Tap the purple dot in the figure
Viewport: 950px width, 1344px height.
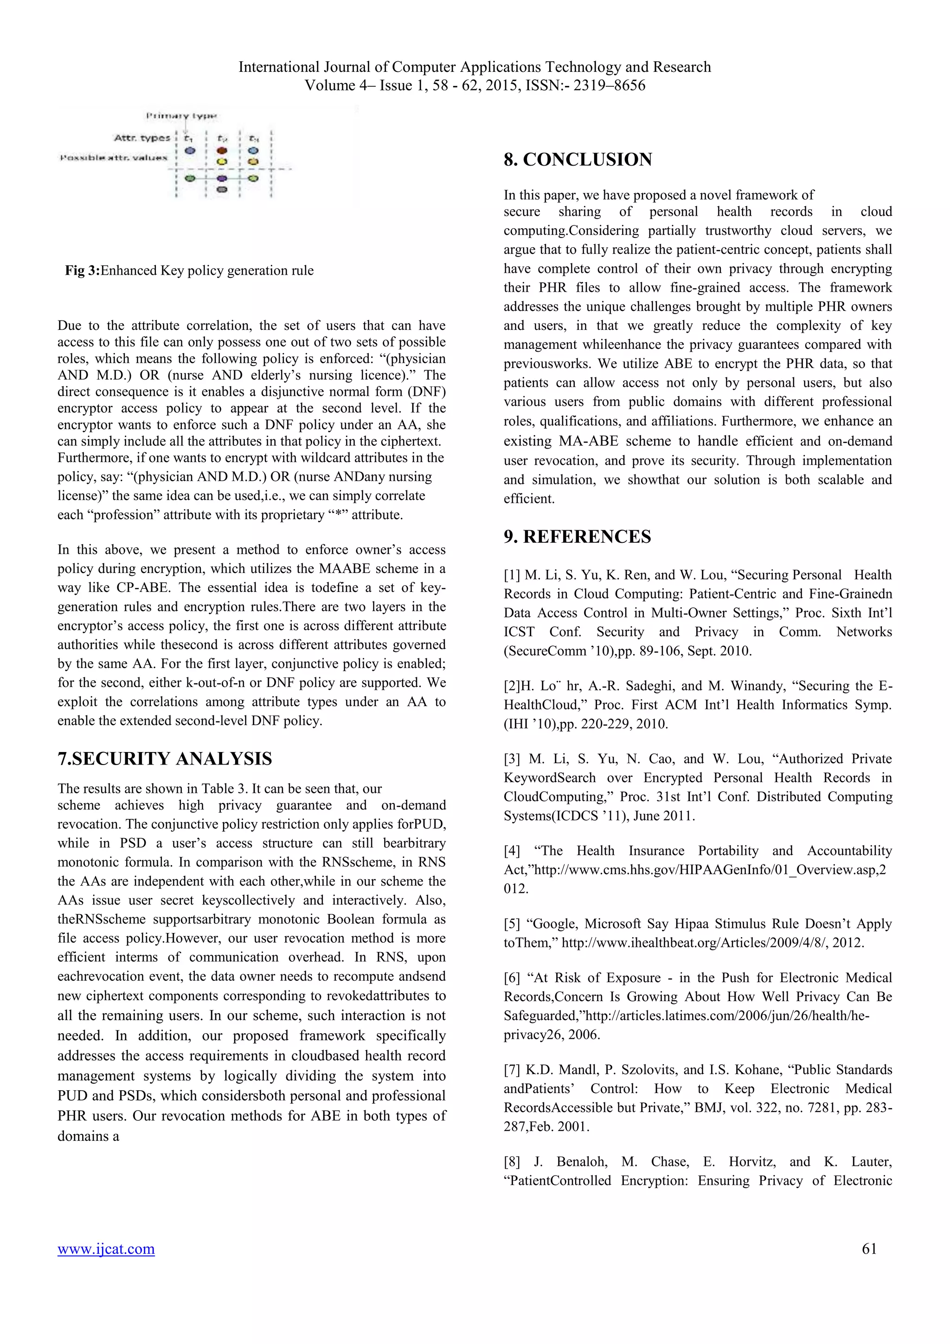[x=222, y=179]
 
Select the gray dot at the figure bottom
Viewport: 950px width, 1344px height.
[x=222, y=190]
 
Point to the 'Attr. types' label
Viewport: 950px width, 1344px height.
[x=141, y=138]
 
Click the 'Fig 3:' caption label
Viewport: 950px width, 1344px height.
[x=83, y=270]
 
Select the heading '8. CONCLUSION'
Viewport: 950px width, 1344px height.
[x=577, y=160]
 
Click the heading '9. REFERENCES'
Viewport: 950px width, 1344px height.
[x=577, y=537]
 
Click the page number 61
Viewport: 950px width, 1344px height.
[x=869, y=1248]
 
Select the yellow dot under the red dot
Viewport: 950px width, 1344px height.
[x=222, y=161]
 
